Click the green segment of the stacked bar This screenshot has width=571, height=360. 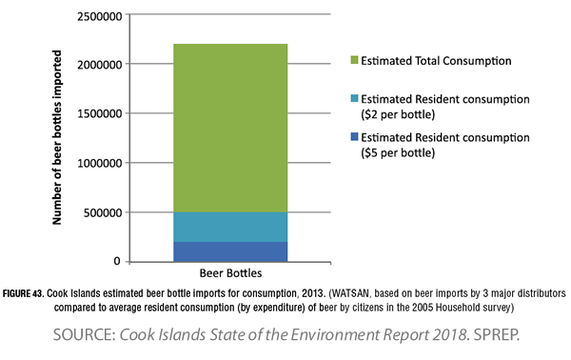tap(230, 128)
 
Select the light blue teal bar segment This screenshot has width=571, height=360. tap(230, 227)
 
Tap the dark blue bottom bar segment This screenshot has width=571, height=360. tap(230, 251)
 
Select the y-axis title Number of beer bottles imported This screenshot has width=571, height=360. tap(57, 138)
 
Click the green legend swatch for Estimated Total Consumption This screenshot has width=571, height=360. tap(355, 61)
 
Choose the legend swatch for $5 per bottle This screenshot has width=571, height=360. tap(355, 139)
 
